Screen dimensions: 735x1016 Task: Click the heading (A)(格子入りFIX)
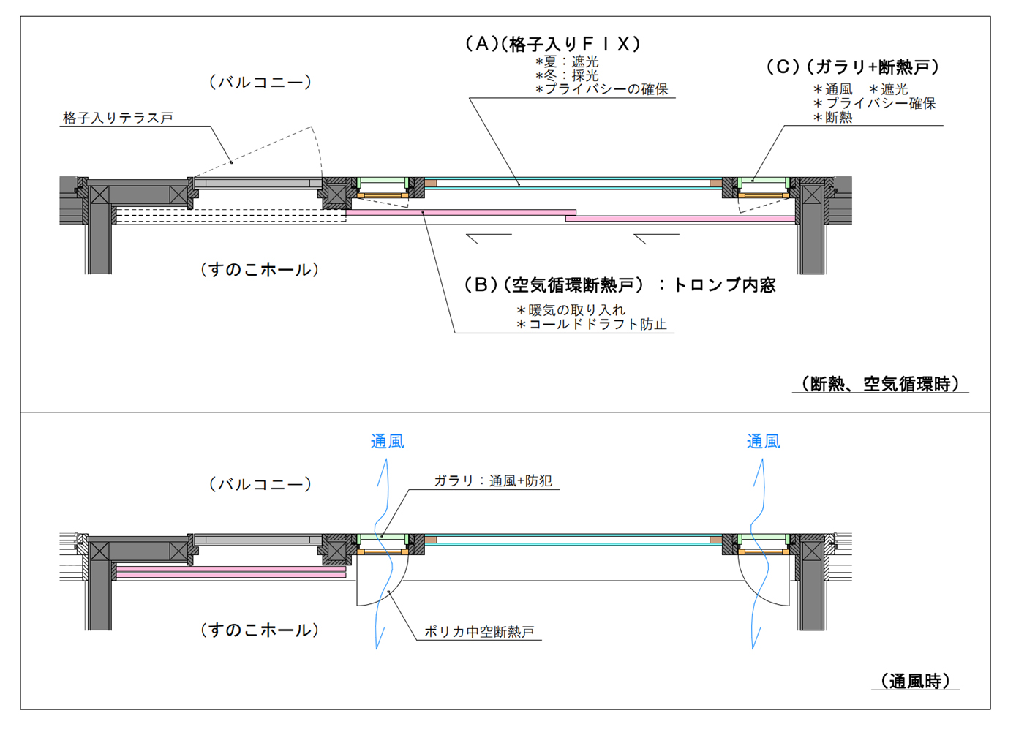553,45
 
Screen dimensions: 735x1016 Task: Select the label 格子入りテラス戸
118,118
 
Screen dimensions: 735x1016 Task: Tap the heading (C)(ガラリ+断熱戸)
853,67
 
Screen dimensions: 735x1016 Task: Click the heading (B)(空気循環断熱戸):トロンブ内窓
620,285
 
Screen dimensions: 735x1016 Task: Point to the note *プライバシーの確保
602,89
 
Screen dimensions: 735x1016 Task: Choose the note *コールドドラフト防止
592,324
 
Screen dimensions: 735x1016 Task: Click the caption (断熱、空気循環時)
880,384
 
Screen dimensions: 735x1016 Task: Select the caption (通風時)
915,682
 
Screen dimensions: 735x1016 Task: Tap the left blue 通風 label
387,441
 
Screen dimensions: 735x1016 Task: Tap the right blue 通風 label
764,441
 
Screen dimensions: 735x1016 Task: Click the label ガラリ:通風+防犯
493,480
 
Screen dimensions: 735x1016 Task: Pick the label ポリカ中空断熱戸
479,632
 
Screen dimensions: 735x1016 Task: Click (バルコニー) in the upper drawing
260,82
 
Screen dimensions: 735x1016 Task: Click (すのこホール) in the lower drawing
260,630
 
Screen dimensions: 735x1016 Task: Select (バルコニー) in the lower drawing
260,484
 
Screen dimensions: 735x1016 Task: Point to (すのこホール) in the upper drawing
260,270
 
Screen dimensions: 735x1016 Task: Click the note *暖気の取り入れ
571,310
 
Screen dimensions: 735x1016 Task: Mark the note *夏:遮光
567,62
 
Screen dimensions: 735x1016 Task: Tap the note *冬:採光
567,75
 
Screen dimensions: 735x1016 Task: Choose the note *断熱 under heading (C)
833,117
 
